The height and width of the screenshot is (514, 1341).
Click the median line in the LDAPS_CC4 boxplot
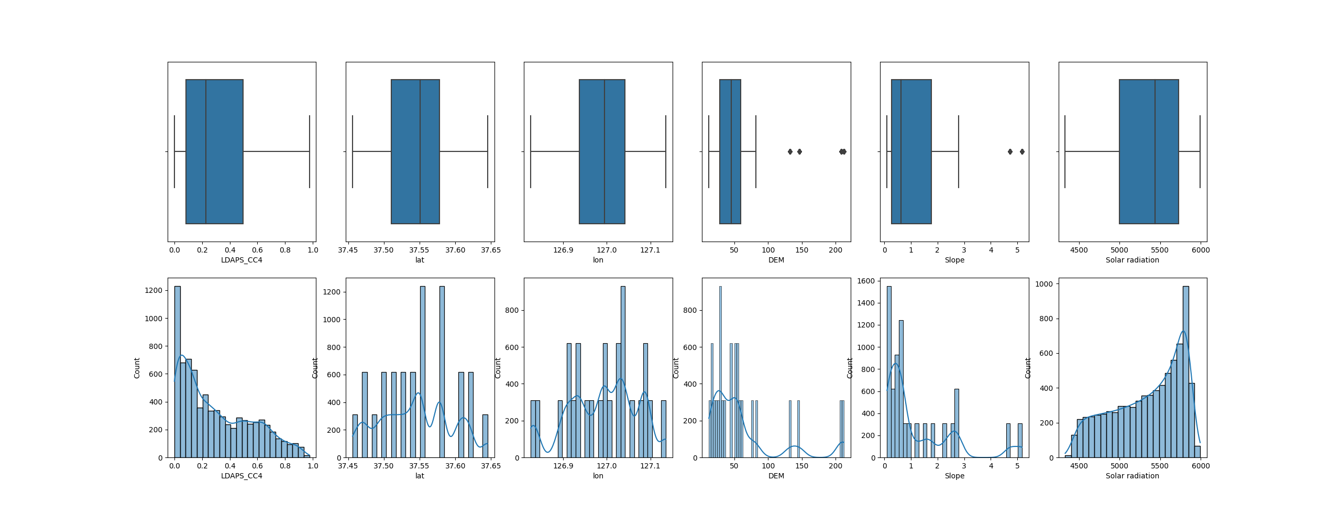pos(205,151)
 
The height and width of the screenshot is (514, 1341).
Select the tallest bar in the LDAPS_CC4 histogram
pos(177,372)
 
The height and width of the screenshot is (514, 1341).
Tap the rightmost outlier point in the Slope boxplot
pos(1021,151)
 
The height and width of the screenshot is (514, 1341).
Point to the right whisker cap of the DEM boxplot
pos(755,151)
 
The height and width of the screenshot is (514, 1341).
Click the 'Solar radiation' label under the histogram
pos(1132,476)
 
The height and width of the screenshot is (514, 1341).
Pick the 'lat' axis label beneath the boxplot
pos(420,260)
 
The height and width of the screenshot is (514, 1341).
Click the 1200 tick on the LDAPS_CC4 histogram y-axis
pos(153,290)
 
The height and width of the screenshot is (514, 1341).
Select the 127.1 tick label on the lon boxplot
pos(650,250)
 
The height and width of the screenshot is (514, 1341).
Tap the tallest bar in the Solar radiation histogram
pos(1185,372)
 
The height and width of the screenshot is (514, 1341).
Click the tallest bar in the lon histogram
pos(623,372)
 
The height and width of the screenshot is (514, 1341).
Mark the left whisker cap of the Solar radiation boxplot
pos(1065,151)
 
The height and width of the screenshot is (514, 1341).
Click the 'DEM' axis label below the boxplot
pos(776,260)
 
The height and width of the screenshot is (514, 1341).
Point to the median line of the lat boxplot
pos(420,151)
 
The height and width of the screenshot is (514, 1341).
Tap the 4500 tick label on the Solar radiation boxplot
pos(1079,250)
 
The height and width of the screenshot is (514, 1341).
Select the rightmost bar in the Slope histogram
pos(1020,440)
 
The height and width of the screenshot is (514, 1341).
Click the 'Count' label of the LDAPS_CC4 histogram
pos(137,368)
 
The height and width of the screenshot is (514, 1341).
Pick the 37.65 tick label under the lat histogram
pos(490,466)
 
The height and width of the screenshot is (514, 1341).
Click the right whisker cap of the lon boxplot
pos(665,151)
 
